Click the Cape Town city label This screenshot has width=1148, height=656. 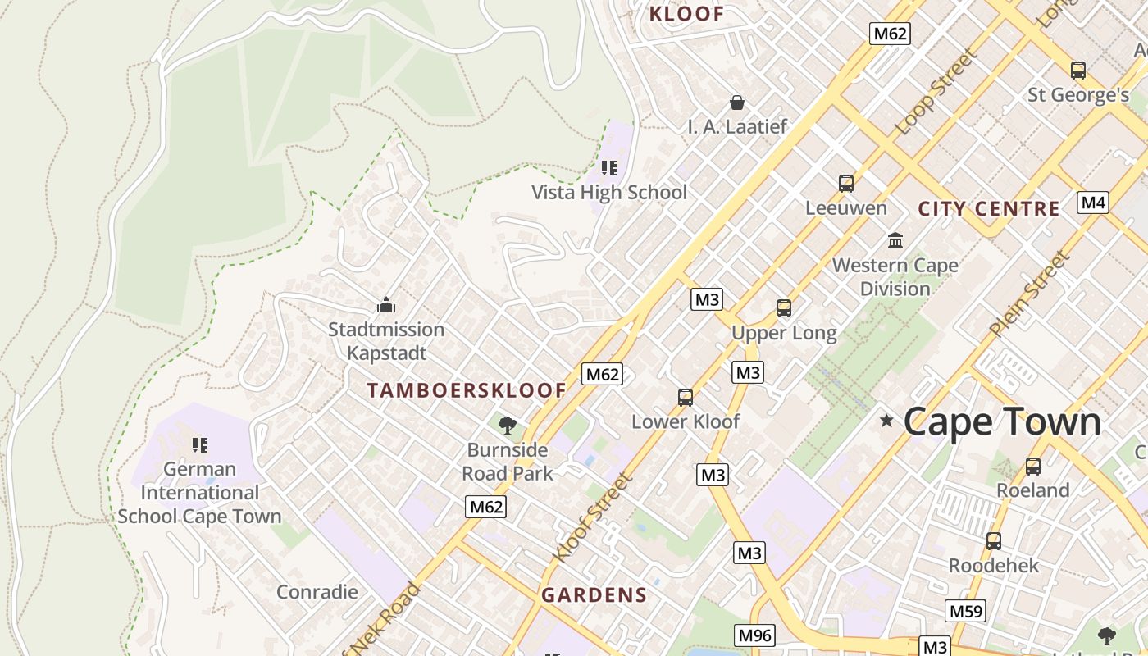coord(1001,422)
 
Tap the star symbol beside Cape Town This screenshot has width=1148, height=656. coord(886,421)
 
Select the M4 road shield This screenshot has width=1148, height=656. coord(1092,203)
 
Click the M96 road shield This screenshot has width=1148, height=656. coord(754,635)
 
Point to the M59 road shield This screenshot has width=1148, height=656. coord(965,611)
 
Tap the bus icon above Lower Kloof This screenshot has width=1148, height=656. coord(686,398)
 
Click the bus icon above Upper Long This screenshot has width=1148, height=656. coord(784,308)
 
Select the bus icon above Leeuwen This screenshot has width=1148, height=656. coord(846,184)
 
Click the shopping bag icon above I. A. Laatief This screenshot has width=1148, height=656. coord(737,102)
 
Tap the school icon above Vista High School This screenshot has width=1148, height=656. coord(608,168)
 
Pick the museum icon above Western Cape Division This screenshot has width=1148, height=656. coord(895,241)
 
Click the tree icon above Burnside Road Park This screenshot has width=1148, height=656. coord(508,425)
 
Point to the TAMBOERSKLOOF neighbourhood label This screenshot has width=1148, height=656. coord(467,390)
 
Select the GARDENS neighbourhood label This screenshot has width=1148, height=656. coord(594,595)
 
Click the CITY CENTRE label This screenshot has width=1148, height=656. coord(989,208)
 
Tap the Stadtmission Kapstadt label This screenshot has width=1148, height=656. coord(386,341)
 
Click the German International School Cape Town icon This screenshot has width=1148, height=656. coord(199,445)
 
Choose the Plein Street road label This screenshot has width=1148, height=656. coord(1030,294)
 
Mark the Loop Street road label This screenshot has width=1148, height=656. coord(936,92)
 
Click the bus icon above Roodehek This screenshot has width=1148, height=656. coord(994,541)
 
